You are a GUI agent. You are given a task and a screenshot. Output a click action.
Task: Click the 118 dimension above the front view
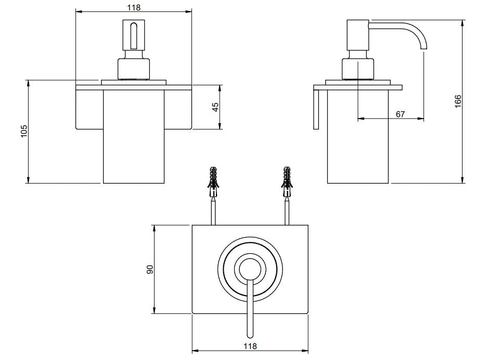[x=134, y=7]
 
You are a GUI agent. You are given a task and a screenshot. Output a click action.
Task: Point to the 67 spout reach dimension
[x=400, y=114]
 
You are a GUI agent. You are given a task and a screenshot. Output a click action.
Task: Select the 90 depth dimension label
[x=150, y=269]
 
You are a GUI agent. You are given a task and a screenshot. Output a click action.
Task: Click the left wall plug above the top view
[x=212, y=182]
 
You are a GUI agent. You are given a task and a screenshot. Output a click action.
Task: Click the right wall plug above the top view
[x=286, y=182]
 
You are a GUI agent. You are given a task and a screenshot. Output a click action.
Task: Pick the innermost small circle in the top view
[x=250, y=269]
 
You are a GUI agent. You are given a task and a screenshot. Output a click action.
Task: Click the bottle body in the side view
[x=358, y=151]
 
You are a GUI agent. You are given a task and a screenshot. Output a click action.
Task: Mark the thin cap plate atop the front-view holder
[x=134, y=82]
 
